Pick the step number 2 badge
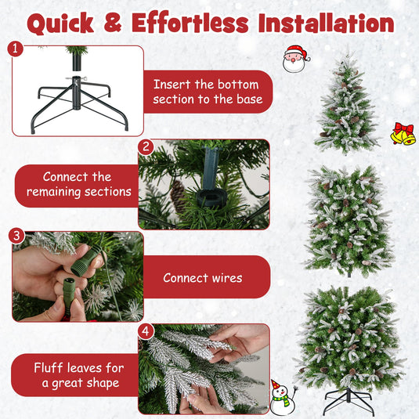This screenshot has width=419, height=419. [x=145, y=146]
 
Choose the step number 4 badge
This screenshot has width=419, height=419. [x=145, y=331]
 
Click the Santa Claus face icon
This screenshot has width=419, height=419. [x=295, y=59]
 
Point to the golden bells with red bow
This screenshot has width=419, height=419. [x=403, y=134]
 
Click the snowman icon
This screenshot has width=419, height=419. [x=280, y=396]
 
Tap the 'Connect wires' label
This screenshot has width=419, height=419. [x=202, y=278]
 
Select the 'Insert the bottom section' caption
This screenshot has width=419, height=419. [x=207, y=92]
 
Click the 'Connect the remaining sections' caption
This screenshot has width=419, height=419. [x=78, y=185]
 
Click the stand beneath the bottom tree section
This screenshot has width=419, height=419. [x=348, y=402]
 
